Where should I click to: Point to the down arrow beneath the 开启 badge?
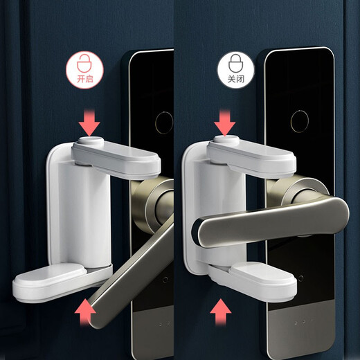point(91,123)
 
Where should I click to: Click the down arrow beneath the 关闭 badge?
point(224,123)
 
